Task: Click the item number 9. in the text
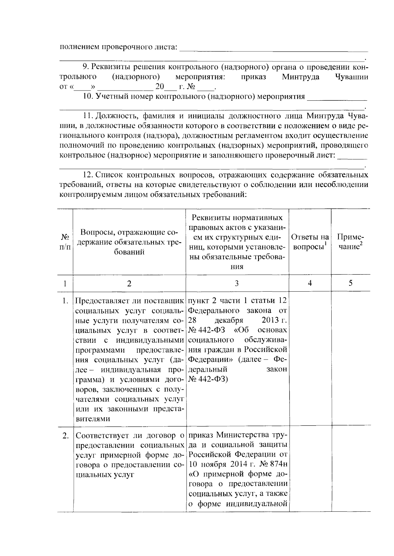point(86,67)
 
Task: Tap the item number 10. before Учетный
point(88,97)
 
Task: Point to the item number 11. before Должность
point(88,116)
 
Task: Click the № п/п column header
point(65,242)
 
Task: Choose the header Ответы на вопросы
point(310,242)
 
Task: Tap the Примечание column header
point(350,242)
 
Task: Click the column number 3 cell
point(237,283)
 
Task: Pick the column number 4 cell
point(310,283)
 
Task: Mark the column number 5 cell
point(350,283)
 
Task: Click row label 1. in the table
point(65,301)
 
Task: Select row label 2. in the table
point(65,436)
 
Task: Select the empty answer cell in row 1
point(310,358)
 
